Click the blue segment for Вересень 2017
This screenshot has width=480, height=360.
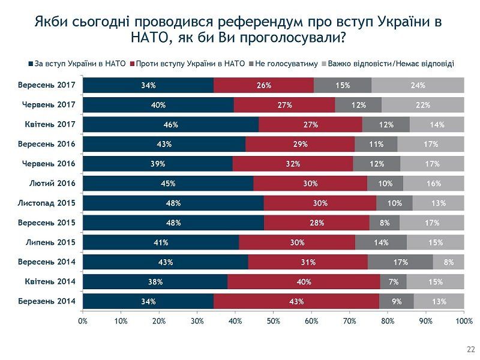148,85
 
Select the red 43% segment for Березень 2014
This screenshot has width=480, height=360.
296,301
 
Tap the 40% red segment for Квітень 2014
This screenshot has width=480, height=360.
303,281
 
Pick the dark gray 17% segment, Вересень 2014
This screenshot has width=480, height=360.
400,262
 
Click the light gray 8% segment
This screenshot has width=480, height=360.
449,262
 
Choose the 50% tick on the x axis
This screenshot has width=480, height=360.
274,322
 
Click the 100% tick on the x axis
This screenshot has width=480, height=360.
464,322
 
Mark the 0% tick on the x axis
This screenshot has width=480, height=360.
83,322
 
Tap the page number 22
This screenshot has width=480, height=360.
470,349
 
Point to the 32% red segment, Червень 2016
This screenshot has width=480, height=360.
293,164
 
